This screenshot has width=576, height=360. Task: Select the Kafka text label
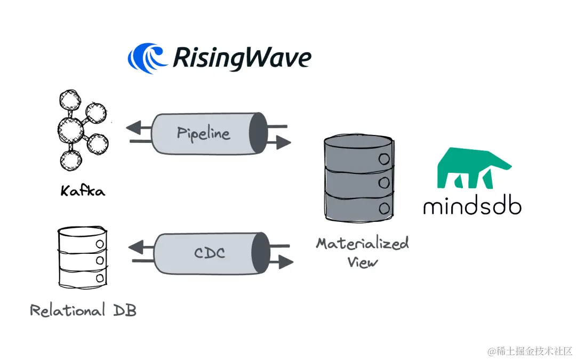point(83,190)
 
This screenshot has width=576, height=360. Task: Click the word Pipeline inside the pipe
point(203,133)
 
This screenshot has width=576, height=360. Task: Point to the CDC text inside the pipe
point(209,253)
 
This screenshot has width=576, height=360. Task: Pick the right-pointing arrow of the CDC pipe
point(285,261)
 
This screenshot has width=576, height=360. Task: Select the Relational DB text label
point(83,310)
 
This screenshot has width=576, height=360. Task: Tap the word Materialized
point(362,244)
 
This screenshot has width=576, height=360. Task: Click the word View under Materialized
point(363,262)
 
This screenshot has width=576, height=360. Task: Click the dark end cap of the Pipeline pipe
point(258,133)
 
